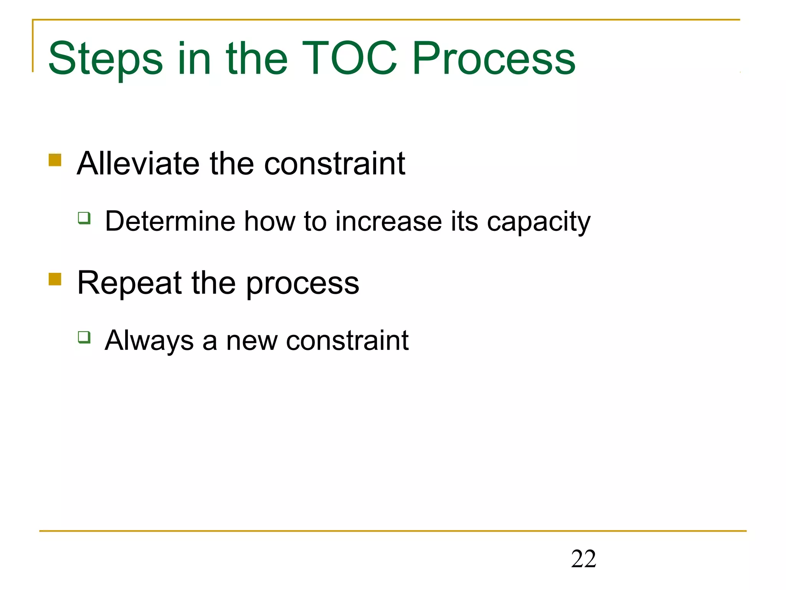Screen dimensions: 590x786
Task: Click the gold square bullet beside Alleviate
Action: pyautogui.click(x=55, y=160)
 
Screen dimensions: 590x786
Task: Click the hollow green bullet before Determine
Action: pyautogui.click(x=84, y=218)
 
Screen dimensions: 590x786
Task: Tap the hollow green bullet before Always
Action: pyautogui.click(x=84, y=337)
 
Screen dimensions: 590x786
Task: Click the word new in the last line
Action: pyautogui.click(x=251, y=341)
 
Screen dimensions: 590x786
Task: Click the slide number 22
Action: pyautogui.click(x=583, y=559)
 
